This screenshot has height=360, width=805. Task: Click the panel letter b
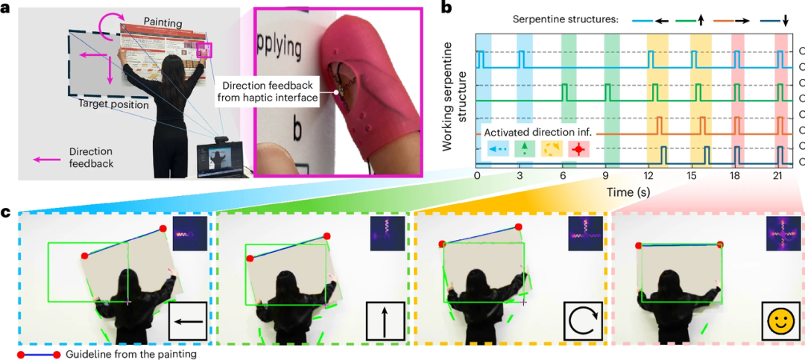446,10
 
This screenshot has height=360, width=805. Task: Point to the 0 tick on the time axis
477,177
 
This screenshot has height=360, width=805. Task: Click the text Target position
113,105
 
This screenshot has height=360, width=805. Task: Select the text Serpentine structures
563,19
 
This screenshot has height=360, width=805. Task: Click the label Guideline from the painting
131,354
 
